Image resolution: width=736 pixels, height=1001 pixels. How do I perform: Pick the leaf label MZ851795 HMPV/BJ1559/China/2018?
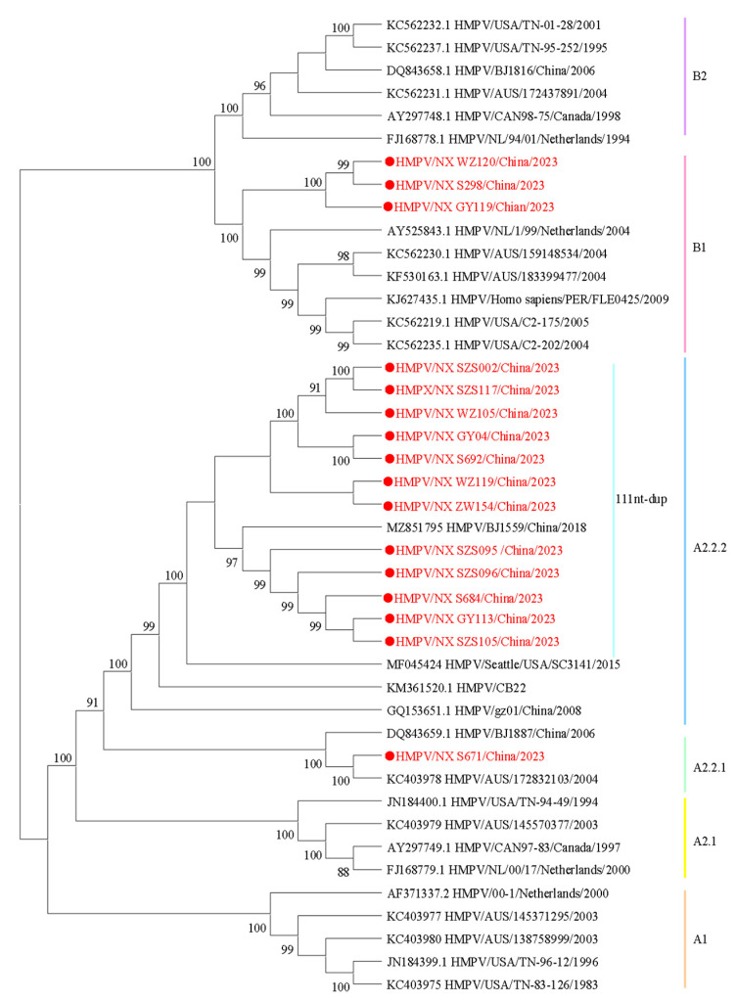tap(475, 527)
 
